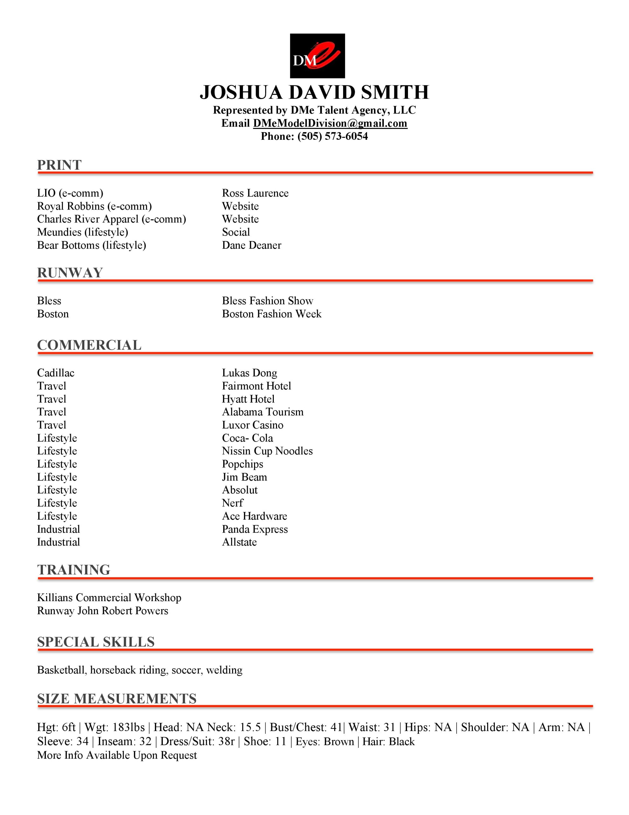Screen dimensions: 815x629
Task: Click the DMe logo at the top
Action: pyautogui.click(x=317, y=56)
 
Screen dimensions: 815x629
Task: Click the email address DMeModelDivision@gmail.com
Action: pyautogui.click(x=330, y=124)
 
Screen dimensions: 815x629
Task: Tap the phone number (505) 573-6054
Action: pyautogui.click(x=332, y=137)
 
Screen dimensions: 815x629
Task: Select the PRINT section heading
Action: pyautogui.click(x=59, y=165)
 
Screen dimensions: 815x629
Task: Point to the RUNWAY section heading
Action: pyautogui.click(x=70, y=273)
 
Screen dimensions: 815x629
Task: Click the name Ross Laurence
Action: pyautogui.click(x=255, y=193)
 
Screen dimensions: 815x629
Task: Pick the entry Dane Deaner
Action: pyautogui.click(x=251, y=245)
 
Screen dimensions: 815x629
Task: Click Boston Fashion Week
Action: pyautogui.click(x=272, y=314)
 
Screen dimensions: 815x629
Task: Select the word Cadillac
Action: pyautogui.click(x=56, y=373)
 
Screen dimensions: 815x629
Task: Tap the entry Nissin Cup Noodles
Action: pyautogui.click(x=267, y=451)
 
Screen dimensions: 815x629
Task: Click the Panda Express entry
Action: pyautogui.click(x=255, y=529)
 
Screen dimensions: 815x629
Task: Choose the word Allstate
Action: pyautogui.click(x=239, y=542)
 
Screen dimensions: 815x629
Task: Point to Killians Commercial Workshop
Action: pyautogui.click(x=109, y=598)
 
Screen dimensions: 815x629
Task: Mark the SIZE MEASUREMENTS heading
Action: pyautogui.click(x=117, y=698)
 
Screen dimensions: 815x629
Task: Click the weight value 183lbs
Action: pyautogui.click(x=128, y=727)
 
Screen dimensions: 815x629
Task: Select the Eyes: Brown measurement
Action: pyautogui.click(x=324, y=741)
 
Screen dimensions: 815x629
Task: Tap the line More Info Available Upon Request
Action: pyautogui.click(x=117, y=755)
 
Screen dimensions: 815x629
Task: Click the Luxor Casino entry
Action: pyautogui.click(x=252, y=425)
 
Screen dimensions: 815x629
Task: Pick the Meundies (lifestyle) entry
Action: pyautogui.click(x=82, y=232)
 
